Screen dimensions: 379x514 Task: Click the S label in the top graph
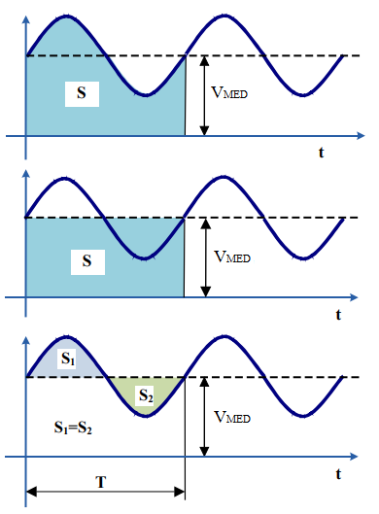click(82, 93)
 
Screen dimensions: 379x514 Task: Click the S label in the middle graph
click(87, 260)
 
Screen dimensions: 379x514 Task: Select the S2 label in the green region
click(145, 395)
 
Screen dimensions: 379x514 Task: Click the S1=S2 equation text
click(75, 427)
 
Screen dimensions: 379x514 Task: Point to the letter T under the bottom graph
click(102, 480)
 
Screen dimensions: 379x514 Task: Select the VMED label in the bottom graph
click(229, 417)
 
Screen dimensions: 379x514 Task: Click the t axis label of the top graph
click(321, 153)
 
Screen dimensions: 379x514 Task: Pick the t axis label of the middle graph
click(338, 314)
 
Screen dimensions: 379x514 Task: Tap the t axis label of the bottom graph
click(338, 474)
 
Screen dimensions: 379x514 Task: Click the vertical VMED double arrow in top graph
click(203, 94)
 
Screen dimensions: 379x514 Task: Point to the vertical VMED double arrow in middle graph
click(203, 256)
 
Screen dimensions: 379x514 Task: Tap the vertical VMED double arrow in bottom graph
click(203, 416)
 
